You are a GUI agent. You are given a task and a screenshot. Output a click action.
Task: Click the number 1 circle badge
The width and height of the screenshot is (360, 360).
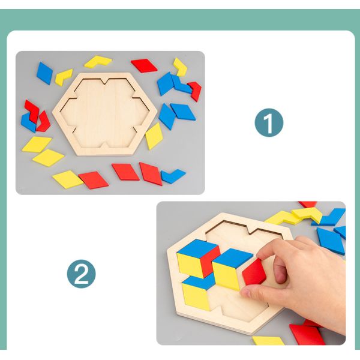coord(268,124)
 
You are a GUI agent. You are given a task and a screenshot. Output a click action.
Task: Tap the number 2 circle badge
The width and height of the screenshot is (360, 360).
coord(82,275)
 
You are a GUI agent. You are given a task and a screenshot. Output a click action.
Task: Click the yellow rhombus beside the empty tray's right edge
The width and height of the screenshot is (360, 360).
coord(154,136)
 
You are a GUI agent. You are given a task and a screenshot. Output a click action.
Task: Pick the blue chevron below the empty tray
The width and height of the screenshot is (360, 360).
coord(173,176)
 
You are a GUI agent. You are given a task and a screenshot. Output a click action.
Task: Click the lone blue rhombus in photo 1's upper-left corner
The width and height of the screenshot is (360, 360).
coord(44,73)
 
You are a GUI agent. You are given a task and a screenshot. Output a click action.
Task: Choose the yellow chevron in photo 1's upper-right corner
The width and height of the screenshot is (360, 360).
coord(180,67)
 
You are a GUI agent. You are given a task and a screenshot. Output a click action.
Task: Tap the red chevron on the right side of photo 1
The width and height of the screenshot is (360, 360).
coord(194,91)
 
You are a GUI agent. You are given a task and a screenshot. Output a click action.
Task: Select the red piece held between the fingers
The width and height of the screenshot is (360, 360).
coord(254,272)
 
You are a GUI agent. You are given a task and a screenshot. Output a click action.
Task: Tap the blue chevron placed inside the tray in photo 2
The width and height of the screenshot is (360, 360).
coord(199,282)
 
